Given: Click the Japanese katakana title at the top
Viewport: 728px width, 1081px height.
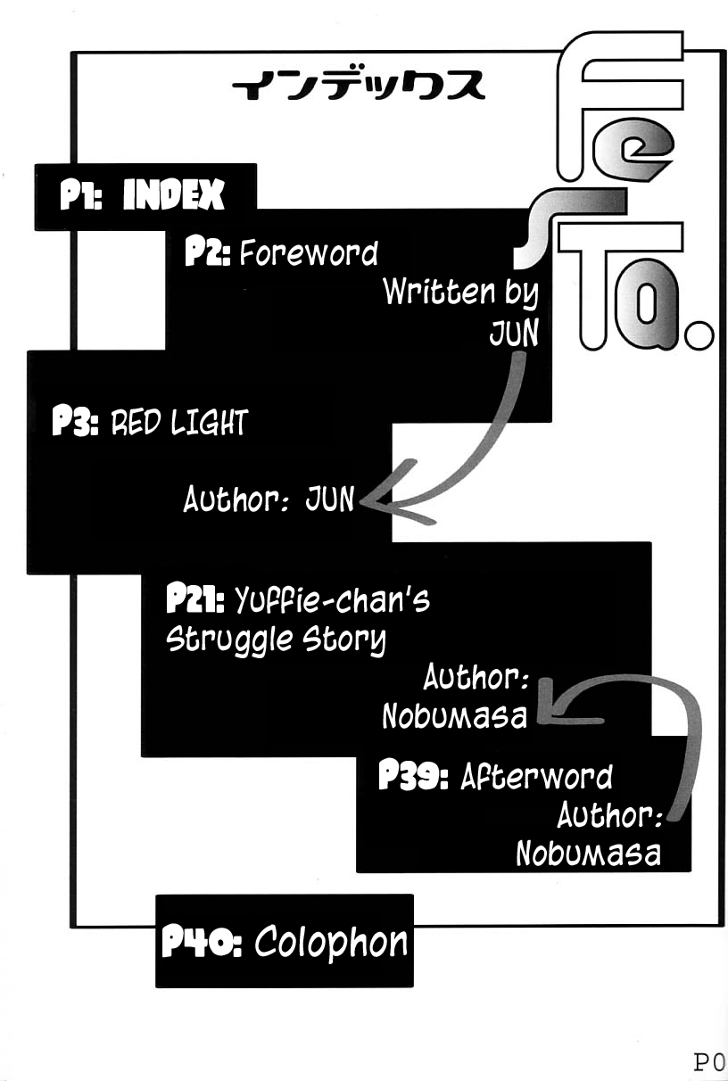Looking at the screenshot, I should coord(357,87).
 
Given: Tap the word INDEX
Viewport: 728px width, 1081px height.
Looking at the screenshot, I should coord(173,195).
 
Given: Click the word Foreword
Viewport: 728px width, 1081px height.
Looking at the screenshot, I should coord(309,254).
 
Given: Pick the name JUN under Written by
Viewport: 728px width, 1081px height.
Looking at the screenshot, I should coord(514,332).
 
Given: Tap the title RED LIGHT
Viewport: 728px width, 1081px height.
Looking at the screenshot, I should coord(178,422).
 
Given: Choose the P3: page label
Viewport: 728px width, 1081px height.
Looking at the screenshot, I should coord(76,422).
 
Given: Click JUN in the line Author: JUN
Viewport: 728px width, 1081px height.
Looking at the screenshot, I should coord(330,499).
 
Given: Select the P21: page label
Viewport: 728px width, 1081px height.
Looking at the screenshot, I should coord(198,599).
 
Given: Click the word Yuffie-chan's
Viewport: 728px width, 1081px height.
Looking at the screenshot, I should coord(332,601).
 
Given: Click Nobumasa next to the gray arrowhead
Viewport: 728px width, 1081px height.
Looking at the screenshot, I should coord(454,716).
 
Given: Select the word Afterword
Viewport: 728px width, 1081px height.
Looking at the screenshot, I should coord(536,777).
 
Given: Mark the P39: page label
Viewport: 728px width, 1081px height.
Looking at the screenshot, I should coord(413,777).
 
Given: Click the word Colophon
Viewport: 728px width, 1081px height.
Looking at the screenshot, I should coord(331,942).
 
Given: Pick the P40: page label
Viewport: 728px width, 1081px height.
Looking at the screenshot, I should coord(202,942).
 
